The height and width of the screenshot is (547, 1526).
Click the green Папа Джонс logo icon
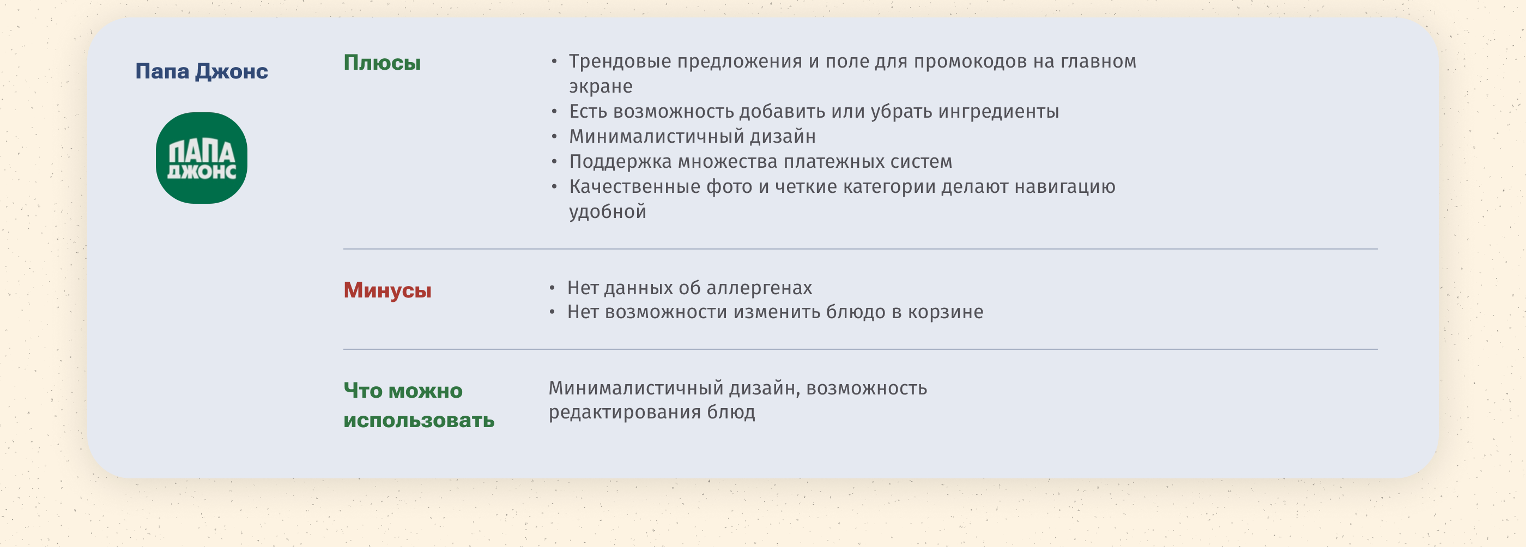[202, 158]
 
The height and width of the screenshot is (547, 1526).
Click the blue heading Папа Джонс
[202, 71]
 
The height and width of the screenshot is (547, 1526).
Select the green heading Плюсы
[382, 63]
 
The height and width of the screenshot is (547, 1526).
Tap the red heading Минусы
[387, 290]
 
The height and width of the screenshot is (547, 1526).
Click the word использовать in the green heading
[419, 420]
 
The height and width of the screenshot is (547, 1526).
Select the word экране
[601, 87]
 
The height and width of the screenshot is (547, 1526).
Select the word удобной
[608, 211]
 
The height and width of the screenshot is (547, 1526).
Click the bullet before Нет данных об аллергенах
[552, 288]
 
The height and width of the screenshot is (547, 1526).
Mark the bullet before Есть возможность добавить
[554, 111]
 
